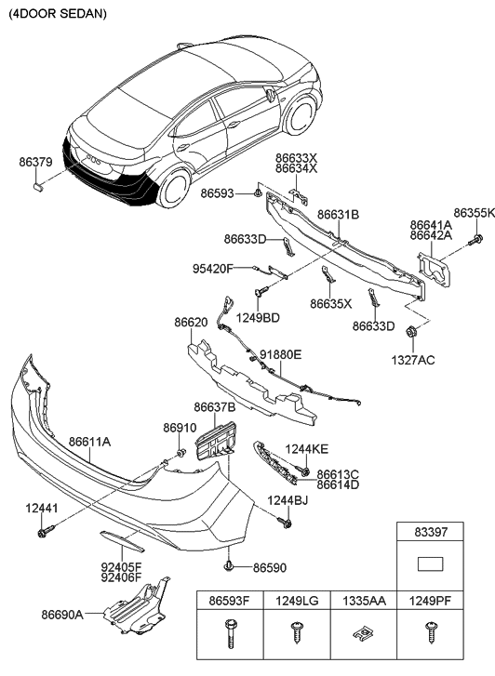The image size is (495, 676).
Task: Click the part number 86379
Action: point(35,162)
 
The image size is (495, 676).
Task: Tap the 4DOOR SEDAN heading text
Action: point(58,15)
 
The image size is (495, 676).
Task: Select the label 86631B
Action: point(338,215)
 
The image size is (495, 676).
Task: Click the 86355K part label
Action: point(474,213)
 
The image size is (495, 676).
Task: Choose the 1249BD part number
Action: point(258,318)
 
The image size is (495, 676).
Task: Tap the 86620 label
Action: point(191,323)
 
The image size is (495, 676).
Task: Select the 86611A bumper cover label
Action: point(88,442)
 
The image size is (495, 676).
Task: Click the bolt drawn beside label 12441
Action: point(44,532)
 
